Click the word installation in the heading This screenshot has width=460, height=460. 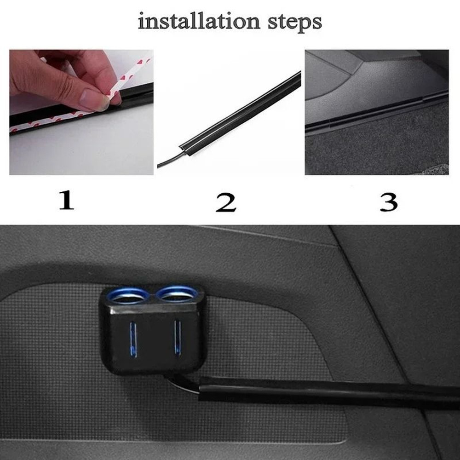199,22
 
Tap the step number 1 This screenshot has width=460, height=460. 66,201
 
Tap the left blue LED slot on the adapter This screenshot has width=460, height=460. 133,339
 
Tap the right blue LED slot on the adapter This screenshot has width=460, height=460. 176,337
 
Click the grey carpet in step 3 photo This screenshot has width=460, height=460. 377,147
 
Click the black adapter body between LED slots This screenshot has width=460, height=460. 154,340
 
